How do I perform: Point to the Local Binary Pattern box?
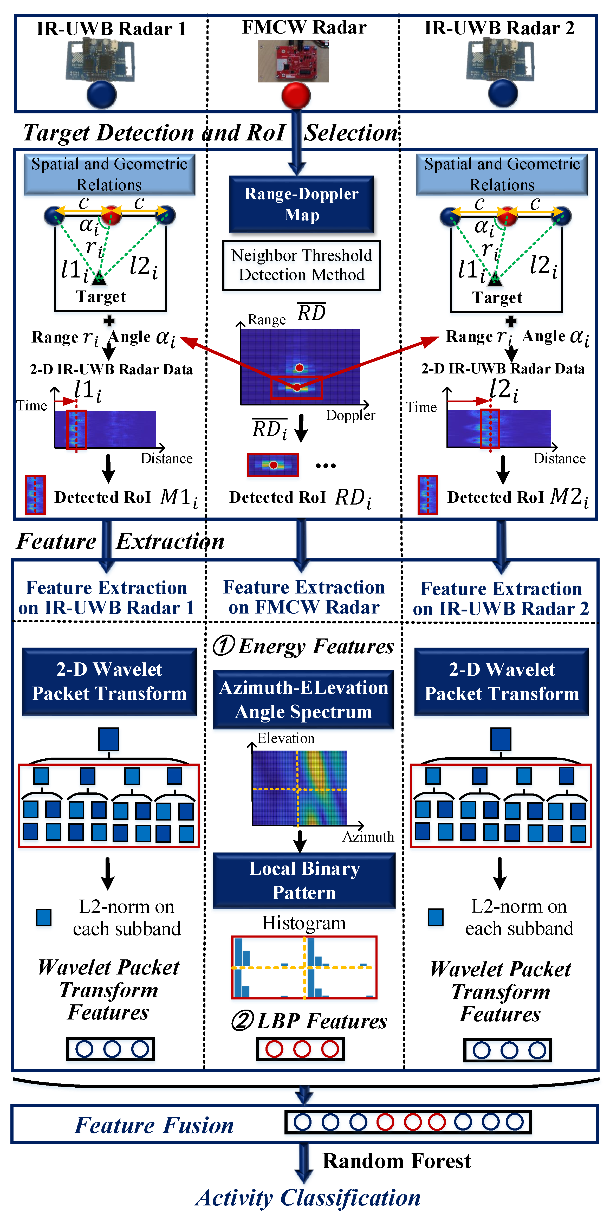[x=304, y=880]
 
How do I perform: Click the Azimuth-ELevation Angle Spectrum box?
[x=304, y=700]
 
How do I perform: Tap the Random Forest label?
[x=397, y=1161]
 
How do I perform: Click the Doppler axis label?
[x=351, y=415]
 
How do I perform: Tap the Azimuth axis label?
[x=368, y=837]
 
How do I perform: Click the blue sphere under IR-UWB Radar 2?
[x=503, y=93]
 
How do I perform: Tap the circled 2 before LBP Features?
[x=243, y=1021]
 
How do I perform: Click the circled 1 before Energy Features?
[x=224, y=645]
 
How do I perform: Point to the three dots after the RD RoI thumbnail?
[x=326, y=466]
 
